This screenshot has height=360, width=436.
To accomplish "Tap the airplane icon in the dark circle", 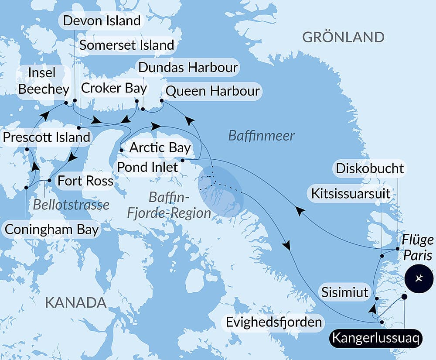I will (419, 278).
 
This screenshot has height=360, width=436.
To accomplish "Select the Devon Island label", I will (102, 21).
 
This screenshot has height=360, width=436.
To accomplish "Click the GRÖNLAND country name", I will (343, 37).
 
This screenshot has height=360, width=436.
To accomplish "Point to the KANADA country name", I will (76, 302).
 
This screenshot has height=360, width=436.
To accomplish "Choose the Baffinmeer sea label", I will (262, 136).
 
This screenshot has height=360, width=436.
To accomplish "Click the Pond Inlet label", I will (147, 167).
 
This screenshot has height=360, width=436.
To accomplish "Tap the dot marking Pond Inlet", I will (182, 160).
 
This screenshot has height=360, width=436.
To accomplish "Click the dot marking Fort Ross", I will (49, 180).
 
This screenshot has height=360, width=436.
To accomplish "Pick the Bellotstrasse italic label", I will (71, 204).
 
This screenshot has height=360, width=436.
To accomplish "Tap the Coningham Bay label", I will (51, 230).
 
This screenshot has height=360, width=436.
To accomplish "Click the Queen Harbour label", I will (213, 91).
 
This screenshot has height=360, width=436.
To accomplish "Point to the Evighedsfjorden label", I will (274, 323).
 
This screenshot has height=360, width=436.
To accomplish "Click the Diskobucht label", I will (370, 168).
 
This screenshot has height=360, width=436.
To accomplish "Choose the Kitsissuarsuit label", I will (351, 193).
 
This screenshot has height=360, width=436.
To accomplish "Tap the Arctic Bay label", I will (160, 147).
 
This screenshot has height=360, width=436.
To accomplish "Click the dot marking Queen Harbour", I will (161, 101).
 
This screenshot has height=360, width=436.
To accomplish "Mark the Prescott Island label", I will (46, 137).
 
